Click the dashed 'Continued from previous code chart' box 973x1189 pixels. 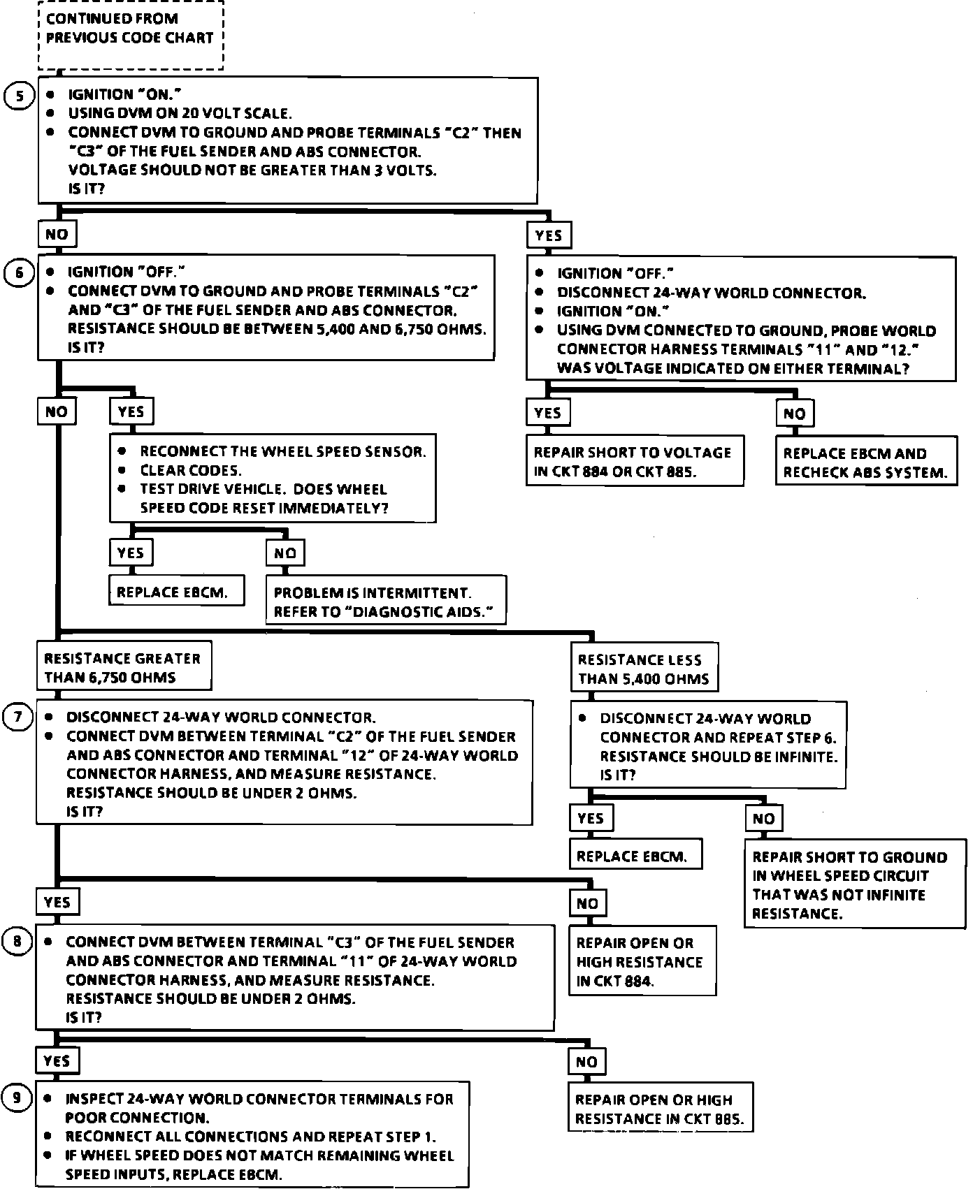click(131, 35)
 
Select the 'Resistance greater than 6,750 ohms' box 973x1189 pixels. click(124, 667)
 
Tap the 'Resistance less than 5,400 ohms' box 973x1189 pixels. click(644, 669)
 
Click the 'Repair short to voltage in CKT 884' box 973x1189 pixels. click(635, 461)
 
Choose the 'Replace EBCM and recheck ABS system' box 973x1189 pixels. click(866, 462)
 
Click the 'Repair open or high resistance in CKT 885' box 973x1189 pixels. click(661, 1108)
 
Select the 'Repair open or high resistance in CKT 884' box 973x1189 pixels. click(642, 961)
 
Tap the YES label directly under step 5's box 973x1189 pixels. click(549, 235)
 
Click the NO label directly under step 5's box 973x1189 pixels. click(57, 235)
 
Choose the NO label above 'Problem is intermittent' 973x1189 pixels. click(285, 554)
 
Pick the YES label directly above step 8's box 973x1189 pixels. click(57, 902)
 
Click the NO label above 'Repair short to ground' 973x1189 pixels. click(763, 818)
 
